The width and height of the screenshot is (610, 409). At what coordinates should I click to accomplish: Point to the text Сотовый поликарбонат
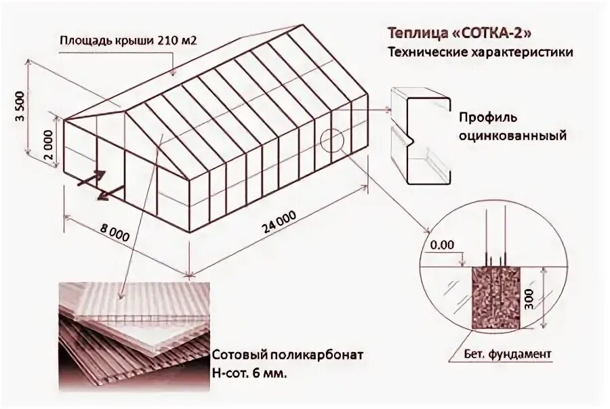(288, 356)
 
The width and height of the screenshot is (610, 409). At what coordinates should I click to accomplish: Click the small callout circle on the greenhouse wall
(332, 140)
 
